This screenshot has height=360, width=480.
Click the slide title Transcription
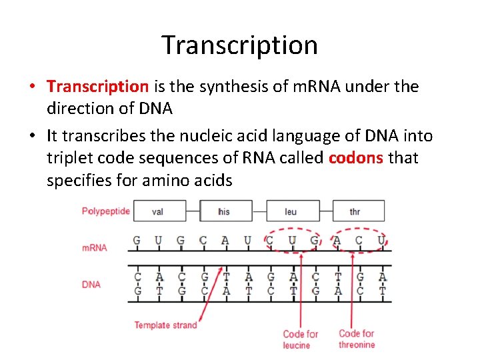(x=239, y=45)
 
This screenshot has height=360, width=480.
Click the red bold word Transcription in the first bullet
(x=98, y=86)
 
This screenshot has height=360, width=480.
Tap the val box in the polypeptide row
(x=158, y=211)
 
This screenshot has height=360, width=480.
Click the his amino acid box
(x=224, y=211)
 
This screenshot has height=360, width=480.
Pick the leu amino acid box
(x=291, y=211)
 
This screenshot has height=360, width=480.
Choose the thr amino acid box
(x=355, y=211)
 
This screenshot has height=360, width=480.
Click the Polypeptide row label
(x=105, y=211)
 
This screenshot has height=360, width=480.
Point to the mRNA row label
(x=94, y=247)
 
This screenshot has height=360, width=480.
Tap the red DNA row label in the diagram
(x=91, y=285)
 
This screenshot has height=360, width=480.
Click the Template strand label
(x=165, y=325)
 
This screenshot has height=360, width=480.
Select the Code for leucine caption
(x=300, y=339)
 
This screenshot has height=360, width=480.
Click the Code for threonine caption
(x=357, y=339)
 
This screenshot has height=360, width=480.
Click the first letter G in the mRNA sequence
(x=137, y=240)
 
